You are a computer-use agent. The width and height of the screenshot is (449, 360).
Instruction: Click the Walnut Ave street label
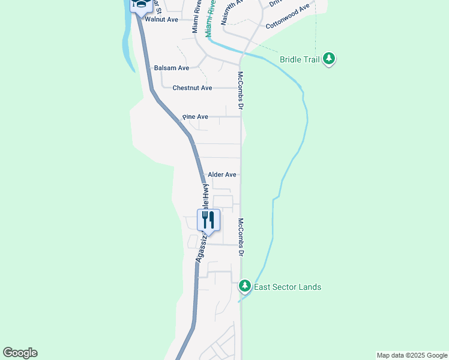click(161, 20)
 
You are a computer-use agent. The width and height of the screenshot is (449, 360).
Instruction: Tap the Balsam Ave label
click(172, 68)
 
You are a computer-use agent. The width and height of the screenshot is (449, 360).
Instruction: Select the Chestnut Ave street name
click(192, 88)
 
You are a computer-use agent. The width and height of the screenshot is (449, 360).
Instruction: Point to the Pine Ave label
click(195, 116)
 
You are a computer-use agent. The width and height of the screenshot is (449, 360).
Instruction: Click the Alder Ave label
click(222, 175)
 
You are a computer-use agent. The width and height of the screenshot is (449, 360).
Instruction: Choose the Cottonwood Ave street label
click(288, 17)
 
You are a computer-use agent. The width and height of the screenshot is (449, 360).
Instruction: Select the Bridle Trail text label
click(300, 59)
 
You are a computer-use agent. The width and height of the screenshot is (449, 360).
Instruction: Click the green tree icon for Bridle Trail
click(328, 58)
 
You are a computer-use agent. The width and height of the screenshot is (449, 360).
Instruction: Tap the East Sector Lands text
click(288, 287)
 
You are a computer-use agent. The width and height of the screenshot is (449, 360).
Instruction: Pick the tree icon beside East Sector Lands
click(244, 286)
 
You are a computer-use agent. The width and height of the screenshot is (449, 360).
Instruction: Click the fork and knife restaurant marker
click(208, 220)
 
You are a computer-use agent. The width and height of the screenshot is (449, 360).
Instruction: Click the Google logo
click(20, 353)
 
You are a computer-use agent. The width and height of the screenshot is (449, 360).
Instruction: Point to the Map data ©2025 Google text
click(412, 355)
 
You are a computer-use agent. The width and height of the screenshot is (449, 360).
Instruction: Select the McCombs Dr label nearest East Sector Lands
click(241, 238)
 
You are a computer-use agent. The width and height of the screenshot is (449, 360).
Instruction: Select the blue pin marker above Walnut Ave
click(140, 5)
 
